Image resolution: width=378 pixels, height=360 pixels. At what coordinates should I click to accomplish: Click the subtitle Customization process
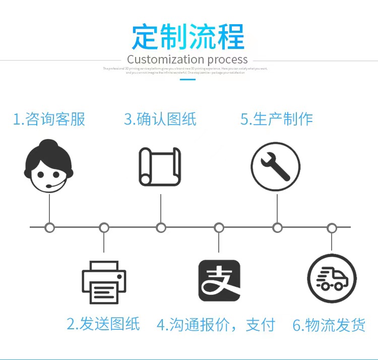187,60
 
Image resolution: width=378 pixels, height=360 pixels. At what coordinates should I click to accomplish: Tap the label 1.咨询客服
49,119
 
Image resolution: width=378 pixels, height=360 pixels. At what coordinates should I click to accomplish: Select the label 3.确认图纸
160,119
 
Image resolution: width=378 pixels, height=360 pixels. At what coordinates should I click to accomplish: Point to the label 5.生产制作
277,119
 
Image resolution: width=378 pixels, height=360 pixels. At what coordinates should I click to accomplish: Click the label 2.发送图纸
103,323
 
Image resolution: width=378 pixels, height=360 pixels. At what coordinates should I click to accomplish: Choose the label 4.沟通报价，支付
216,325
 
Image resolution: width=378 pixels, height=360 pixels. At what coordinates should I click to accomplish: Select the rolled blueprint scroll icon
160,166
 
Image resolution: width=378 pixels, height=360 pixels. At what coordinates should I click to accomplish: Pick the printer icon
104,282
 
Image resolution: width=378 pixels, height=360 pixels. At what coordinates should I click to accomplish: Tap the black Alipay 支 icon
219,280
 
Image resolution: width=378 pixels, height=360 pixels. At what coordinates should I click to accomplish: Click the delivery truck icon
332,279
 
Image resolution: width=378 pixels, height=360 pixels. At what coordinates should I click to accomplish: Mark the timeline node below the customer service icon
49,227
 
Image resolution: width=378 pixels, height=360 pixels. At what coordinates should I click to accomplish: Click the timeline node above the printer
104,228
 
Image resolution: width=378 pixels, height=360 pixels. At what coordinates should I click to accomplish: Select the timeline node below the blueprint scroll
161,228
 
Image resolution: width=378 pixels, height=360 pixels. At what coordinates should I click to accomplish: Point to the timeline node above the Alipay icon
219,228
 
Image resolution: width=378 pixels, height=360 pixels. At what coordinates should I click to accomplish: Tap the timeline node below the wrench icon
277,228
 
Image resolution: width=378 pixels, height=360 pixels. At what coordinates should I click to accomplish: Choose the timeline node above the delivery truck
332,228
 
